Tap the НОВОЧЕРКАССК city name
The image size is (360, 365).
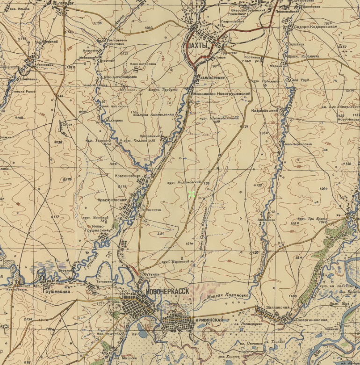pyautogui.click(x=167, y=291)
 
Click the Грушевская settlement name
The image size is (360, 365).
pyautogui.click(x=56, y=292)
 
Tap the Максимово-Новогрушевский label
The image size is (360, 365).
pyautogui.click(x=222, y=94)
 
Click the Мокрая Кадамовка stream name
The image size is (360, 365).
pyautogui.click(x=228, y=295)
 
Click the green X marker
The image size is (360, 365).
pyautogui.click(x=191, y=193)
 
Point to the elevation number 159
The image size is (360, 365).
pyautogui.click(x=148, y=29)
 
